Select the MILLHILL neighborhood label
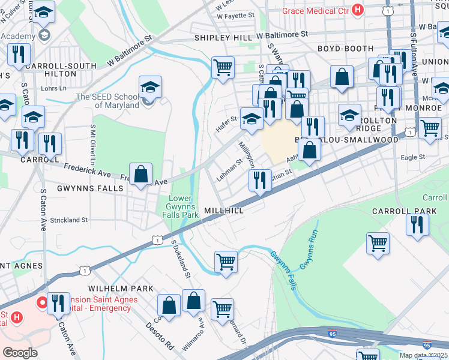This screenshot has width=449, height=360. click(223, 211)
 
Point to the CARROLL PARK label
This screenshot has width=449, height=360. click(401, 211)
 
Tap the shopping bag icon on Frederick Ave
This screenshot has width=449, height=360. click(140, 175)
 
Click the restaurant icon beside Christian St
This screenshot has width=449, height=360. click(260, 181)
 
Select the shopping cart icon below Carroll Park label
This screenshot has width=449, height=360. click(378, 244)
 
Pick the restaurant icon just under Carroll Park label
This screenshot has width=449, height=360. click(417, 225)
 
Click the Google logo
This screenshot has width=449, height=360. click(20, 352)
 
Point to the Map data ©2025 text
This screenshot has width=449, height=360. click(423, 355)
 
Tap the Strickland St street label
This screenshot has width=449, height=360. click(68, 220)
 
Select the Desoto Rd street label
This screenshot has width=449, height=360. click(160, 337)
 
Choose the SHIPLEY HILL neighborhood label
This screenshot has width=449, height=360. click(223, 38)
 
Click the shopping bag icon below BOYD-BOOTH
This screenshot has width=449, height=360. click(342, 77)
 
